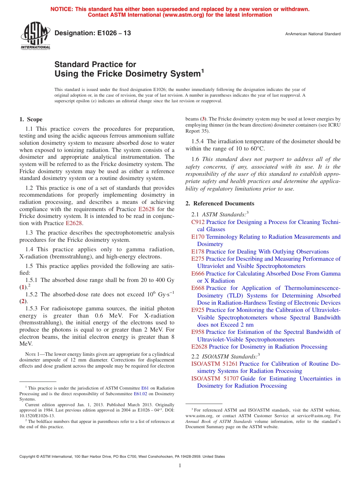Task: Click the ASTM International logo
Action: [x=35, y=36]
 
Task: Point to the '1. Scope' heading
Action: [x=31, y=119]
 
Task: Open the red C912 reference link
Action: [x=198, y=222]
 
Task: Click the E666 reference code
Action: [x=198, y=274]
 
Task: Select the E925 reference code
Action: [x=198, y=310]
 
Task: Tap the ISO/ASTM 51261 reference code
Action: [x=214, y=364]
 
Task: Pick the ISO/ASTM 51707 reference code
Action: [x=214, y=379]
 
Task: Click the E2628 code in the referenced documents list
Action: [x=199, y=347]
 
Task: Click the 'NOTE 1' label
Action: [x=28, y=353]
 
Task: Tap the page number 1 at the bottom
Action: [x=180, y=466]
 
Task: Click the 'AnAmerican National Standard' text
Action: [x=313, y=34]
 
